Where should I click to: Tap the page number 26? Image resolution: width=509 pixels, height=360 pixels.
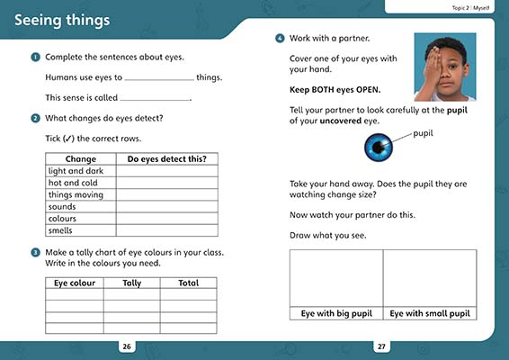pos(127,346)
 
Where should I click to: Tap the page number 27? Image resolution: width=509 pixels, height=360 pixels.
pos(381,346)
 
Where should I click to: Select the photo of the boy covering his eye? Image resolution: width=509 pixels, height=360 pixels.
pos(444,67)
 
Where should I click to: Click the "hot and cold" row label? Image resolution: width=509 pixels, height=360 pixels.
pos(73,183)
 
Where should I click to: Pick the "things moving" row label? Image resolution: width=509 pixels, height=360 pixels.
pos(76,194)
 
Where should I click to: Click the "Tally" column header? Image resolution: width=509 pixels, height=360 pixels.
pos(131,283)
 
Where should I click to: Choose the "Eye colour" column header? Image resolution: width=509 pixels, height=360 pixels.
pos(75,283)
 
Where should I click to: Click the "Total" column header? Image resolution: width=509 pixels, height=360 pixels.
pos(188,283)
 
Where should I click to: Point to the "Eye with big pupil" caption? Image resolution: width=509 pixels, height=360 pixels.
pos(336,313)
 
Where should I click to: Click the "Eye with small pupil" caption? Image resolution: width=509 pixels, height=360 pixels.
pos(429,313)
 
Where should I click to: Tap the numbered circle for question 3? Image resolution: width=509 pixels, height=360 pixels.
pos(34,252)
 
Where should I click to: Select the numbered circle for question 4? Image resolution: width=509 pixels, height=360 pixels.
pos(280,39)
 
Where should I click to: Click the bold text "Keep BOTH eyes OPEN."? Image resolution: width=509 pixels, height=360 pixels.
pos(335,90)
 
